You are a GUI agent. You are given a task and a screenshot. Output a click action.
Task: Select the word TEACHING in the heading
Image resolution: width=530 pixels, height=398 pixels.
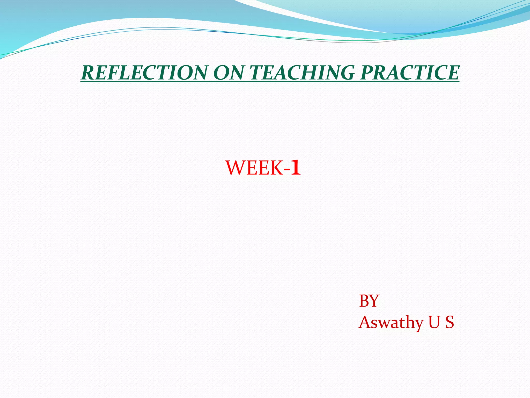(302, 73)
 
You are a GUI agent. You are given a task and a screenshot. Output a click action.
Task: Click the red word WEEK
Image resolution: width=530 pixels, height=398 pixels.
(254, 168)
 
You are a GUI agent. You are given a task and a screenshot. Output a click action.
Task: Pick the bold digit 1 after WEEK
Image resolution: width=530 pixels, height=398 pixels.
(296, 168)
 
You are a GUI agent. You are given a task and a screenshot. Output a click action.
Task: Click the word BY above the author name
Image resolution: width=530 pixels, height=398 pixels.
(369, 301)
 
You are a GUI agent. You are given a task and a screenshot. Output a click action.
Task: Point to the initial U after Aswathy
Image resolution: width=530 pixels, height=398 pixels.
(434, 322)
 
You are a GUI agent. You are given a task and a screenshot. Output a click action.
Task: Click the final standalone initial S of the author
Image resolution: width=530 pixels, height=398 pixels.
(450, 322)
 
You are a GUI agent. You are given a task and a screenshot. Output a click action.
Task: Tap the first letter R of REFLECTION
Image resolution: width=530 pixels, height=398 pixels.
(88, 73)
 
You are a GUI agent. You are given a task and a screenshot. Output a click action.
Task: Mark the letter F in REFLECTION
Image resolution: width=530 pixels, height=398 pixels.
(113, 73)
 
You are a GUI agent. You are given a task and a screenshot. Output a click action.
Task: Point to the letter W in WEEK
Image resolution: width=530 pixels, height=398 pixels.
(235, 168)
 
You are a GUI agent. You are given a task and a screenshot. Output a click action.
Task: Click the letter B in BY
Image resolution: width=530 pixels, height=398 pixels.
(364, 301)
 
